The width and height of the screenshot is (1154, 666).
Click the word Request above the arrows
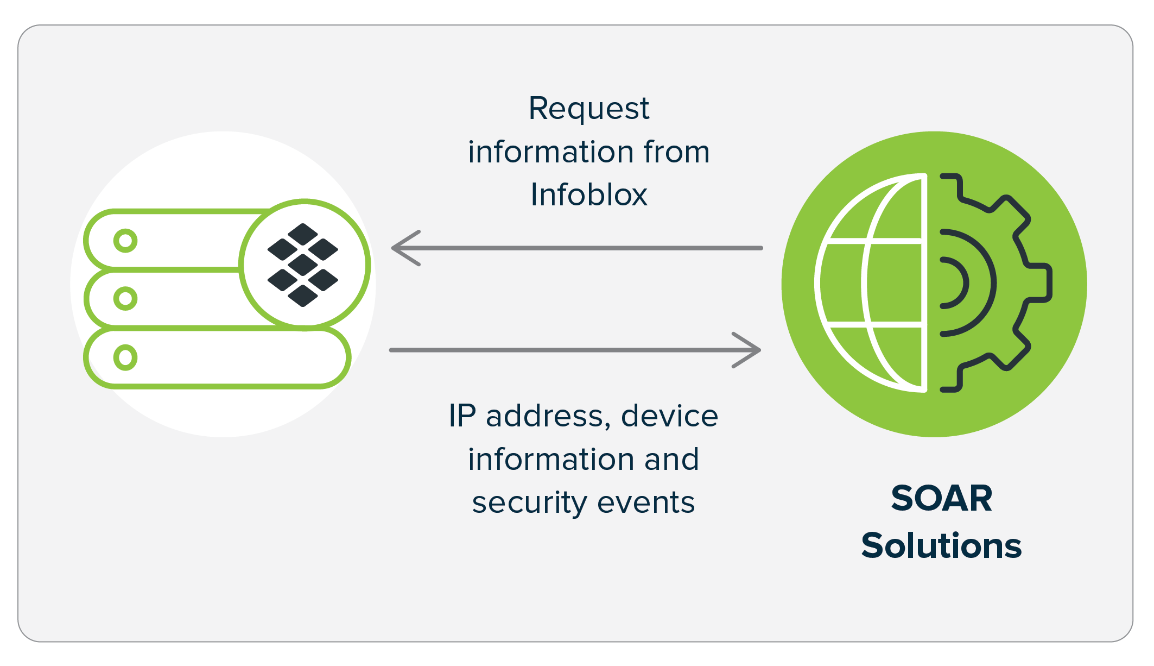pos(588,109)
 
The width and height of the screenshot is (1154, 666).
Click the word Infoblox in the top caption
pos(589,194)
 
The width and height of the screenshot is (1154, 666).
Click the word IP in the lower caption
pos(462,416)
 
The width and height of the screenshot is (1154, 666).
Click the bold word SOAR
pos(941,498)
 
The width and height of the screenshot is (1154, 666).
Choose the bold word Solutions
pos(941,545)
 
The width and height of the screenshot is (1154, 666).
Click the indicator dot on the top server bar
pos(125,241)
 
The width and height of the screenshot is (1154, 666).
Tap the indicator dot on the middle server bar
pos(125,298)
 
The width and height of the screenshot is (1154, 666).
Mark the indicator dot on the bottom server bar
pos(125,357)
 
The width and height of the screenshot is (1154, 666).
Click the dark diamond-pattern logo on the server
pos(303,265)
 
